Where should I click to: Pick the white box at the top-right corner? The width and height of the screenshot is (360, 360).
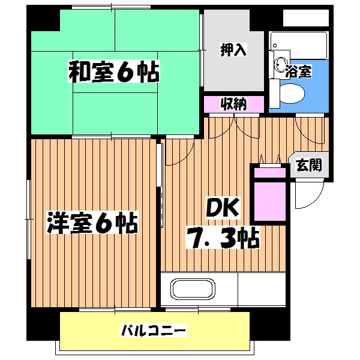[306, 17]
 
